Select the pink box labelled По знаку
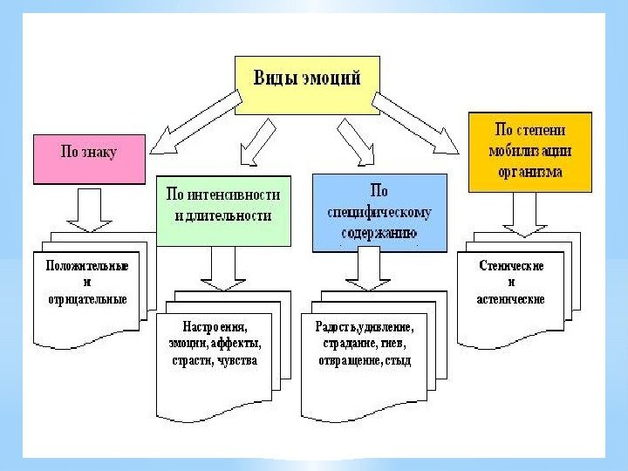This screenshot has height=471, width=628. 88,158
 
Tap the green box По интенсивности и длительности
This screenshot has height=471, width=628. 223,210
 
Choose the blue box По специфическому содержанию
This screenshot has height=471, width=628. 379,212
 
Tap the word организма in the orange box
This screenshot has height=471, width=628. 529,172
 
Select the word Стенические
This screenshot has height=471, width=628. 512,265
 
